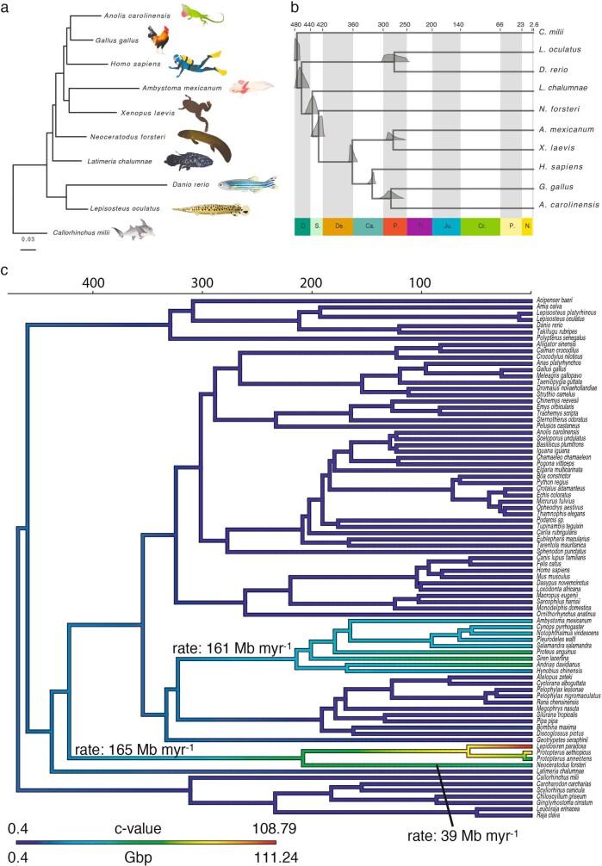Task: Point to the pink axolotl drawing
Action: tap(252, 85)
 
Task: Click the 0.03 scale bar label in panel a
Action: tap(28, 239)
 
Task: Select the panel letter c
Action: tap(6, 270)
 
